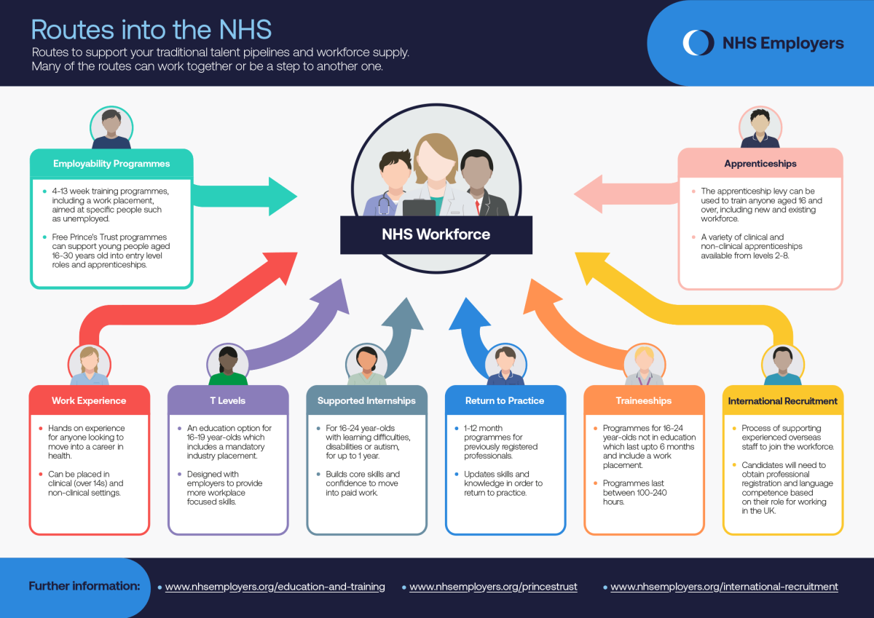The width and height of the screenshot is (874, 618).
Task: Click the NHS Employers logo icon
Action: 698,43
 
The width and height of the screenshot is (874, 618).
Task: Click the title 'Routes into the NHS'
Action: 151,30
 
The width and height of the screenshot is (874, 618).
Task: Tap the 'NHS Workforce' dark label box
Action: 436,234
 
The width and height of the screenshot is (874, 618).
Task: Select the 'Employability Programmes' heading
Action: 111,164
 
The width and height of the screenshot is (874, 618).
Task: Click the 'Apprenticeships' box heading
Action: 760,164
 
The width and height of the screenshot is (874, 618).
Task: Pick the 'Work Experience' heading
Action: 89,400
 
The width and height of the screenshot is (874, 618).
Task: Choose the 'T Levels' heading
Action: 227,400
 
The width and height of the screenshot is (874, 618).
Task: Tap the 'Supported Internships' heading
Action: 366,400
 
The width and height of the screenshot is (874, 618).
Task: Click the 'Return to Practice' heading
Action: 505,400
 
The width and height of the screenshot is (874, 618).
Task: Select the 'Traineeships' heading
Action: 644,400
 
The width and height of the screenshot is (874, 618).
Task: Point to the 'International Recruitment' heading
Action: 782,400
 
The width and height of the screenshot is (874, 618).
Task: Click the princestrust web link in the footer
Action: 493,587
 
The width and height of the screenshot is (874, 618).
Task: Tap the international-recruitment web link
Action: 724,587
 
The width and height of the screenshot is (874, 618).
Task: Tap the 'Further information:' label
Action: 84,586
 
